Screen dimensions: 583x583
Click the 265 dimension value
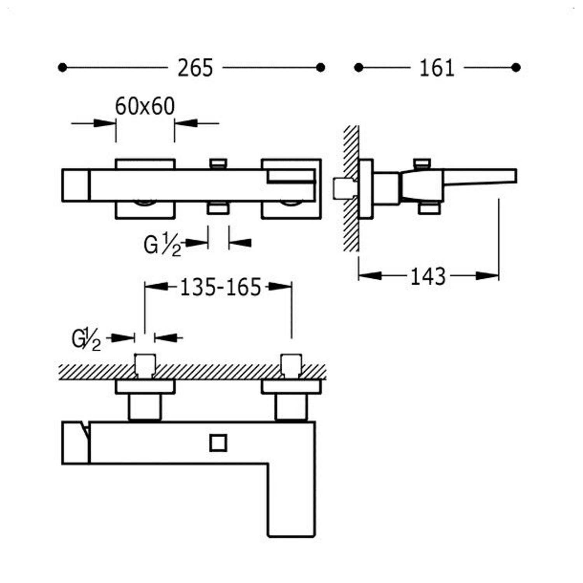195,68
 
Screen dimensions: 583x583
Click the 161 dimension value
437,68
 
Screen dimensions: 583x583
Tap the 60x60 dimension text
145,106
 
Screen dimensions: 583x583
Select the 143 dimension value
428,276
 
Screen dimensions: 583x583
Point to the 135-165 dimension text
220,288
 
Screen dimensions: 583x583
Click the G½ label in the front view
162,245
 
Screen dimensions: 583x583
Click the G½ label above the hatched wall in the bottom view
86,339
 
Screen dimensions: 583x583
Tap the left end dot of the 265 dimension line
62,68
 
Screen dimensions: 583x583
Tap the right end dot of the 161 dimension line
516,68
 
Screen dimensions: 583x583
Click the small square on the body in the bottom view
218,443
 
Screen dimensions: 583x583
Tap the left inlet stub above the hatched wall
145,365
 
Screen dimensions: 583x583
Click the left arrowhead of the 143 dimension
369,276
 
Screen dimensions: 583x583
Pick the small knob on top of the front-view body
218,163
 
